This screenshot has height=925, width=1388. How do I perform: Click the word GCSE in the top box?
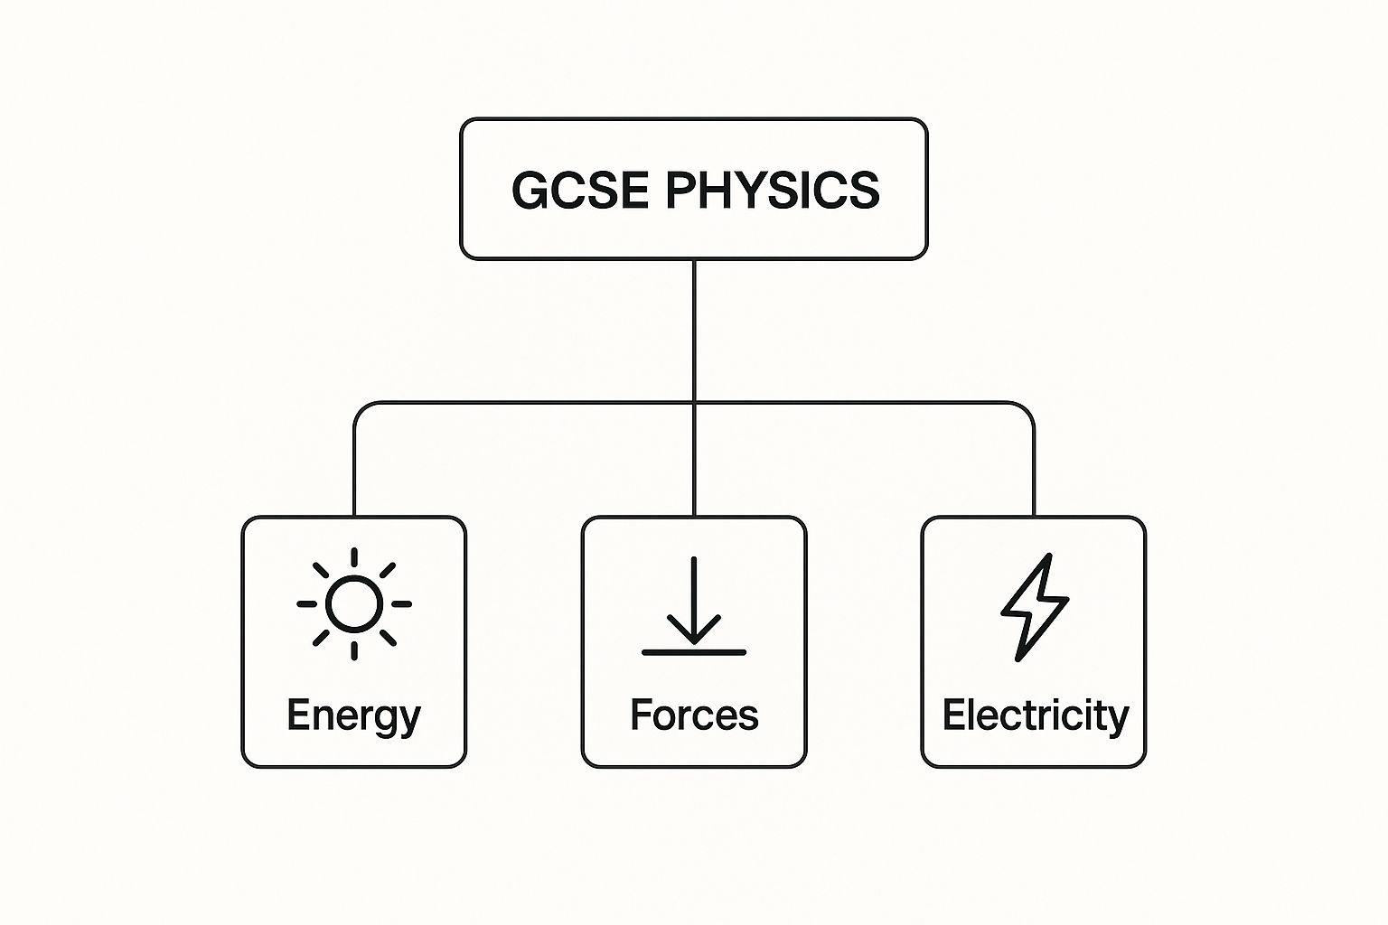click(579, 190)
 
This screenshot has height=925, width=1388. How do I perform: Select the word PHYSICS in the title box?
click(772, 190)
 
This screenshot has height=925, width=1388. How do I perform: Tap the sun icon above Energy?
click(354, 603)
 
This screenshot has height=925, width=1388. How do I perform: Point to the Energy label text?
click(353, 715)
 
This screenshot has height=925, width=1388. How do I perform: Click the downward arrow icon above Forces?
click(694, 603)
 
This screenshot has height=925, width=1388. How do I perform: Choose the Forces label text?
click(694, 715)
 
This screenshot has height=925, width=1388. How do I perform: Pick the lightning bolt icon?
click(1035, 606)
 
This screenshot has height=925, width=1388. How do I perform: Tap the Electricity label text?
click(1035, 715)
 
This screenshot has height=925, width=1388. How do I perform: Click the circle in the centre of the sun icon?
click(354, 603)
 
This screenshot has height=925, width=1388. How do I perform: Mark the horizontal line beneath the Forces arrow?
click(694, 651)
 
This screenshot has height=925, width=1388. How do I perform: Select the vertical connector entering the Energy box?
click(354, 479)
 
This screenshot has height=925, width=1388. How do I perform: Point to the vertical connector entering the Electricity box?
click(1034, 479)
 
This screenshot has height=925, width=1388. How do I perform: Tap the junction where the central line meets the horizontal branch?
click(694, 403)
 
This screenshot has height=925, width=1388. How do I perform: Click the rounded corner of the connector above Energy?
click(360, 408)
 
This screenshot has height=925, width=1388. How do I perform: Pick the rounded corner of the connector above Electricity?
click(1028, 408)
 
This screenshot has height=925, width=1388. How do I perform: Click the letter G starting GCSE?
click(530, 190)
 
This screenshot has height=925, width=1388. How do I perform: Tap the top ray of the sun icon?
click(354, 557)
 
